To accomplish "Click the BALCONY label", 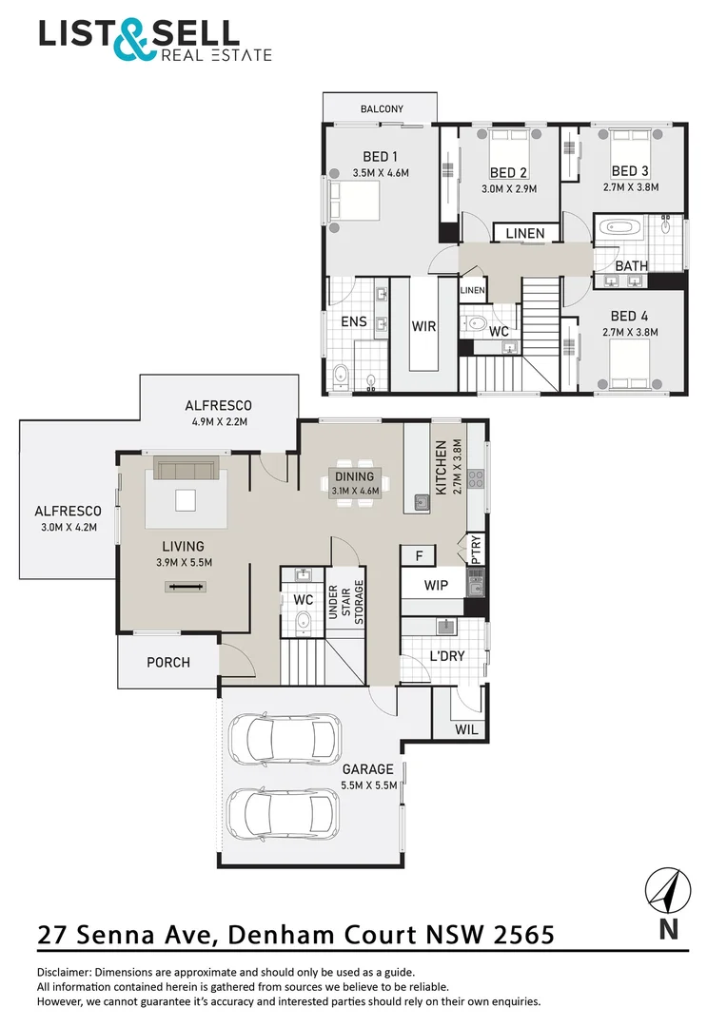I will (380, 109).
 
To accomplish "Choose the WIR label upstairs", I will (423, 326).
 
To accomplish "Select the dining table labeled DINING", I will (356, 483).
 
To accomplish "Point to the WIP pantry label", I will (436, 586).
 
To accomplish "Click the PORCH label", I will (167, 662).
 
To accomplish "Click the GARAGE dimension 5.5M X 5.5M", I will (368, 785).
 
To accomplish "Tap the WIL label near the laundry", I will (467, 729).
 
